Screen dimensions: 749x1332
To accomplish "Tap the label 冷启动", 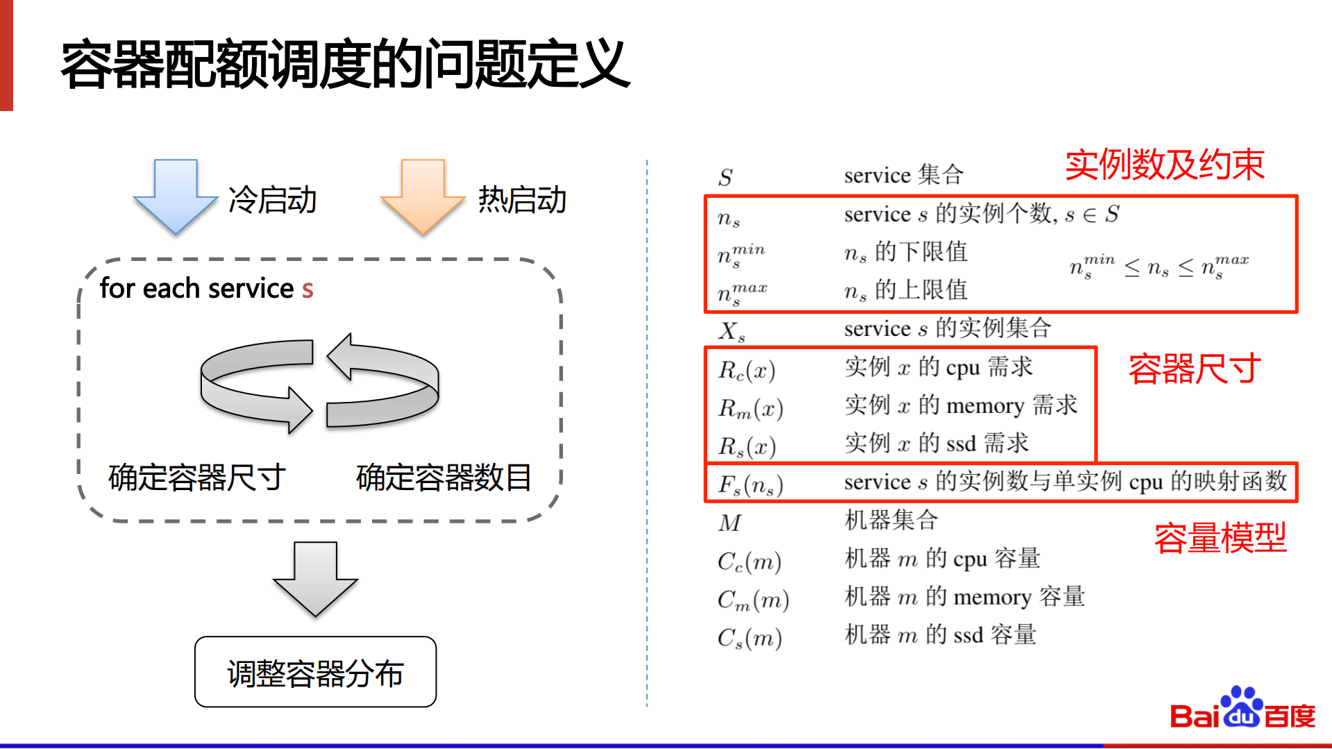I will point(272,200).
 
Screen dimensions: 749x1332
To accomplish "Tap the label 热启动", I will point(522,200).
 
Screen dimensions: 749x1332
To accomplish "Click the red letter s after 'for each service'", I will point(307,289).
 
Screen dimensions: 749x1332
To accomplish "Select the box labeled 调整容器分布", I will point(315,672).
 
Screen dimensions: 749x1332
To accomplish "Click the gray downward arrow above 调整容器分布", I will point(315,580).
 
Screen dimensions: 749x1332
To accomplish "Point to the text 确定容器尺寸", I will point(197,478).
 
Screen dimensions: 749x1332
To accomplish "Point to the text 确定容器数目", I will point(444,478).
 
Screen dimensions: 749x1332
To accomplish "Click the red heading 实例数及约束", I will point(1165,165).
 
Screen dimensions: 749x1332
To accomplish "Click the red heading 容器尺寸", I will point(1194,369).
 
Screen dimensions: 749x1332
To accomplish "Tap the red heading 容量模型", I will point(1220,538).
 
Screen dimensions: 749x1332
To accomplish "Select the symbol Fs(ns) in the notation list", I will point(750,485).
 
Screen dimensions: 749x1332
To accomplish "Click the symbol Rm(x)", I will point(750,409).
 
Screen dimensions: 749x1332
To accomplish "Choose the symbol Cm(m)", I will point(753,600).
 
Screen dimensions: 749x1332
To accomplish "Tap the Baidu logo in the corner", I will point(1242,709).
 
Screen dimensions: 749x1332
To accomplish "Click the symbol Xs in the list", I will point(732,331).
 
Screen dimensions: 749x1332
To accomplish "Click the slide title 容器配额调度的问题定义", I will point(345,64).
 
